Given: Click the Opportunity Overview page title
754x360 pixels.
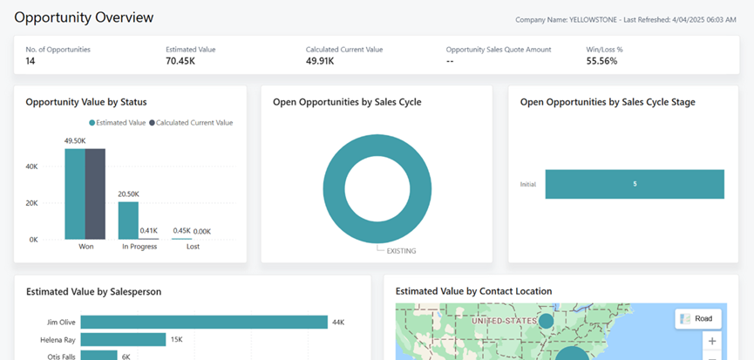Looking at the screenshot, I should point(84,17).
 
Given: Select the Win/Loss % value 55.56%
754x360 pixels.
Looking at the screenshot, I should point(602,62).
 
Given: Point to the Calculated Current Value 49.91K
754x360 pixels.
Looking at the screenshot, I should point(325,62).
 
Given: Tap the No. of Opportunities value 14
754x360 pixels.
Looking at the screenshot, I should point(31,62).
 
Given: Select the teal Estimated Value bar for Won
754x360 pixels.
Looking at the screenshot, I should point(74,194).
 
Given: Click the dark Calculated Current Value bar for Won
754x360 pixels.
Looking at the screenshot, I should point(95,194).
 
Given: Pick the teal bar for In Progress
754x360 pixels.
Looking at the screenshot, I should point(128,221).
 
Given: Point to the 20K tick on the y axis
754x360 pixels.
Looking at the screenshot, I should point(31,203).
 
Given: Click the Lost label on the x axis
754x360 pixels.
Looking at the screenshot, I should point(193,247).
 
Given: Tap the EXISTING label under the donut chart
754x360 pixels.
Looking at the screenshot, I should point(401,251).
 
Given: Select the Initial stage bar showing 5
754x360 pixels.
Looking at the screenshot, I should point(635,184).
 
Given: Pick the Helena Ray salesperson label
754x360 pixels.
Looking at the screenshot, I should point(58,340).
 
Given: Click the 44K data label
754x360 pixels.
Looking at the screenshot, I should point(338,323).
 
